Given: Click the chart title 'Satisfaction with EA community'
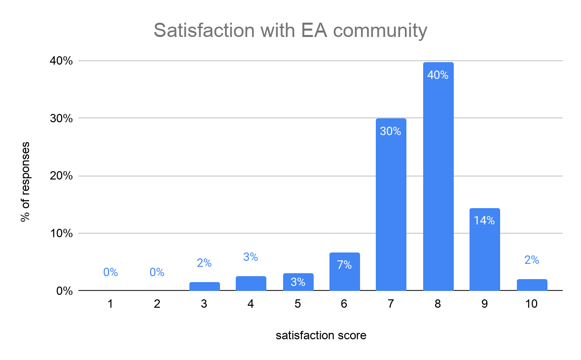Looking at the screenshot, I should coord(290,31).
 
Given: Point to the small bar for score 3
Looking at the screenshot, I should coord(204,287).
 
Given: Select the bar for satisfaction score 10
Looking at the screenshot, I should coord(532,285).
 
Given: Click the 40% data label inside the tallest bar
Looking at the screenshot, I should coord(438,75).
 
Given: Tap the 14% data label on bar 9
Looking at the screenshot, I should coord(484,221).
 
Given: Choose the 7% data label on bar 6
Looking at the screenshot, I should coord(344,265).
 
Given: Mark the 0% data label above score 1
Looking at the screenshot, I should coord(110,272).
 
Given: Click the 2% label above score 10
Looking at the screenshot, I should coord(532,260).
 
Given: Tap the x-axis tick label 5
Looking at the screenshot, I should coord(297,304).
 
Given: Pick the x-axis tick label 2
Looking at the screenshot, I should coord(157,304).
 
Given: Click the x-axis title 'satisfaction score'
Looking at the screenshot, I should coord(321,336).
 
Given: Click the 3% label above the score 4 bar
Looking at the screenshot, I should coord(251,257).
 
